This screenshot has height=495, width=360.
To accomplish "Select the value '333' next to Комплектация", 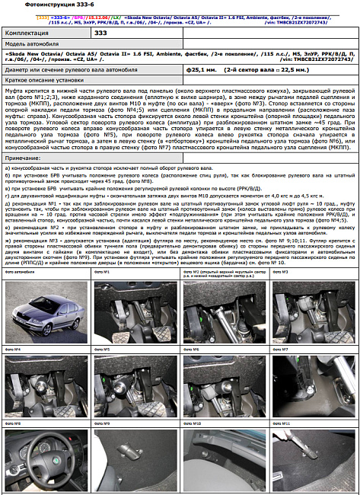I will coord(100,34).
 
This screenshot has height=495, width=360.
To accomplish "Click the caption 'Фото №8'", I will coord(13,421).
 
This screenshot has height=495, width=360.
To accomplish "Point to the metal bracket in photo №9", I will coord(129,457).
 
